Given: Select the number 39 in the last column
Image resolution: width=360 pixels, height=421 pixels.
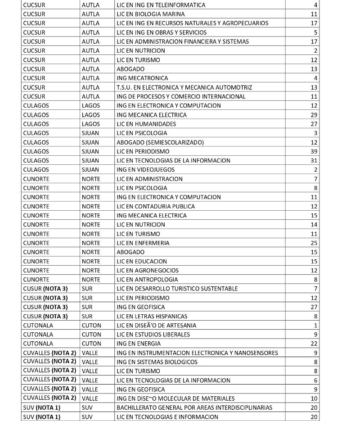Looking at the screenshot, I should [314, 151].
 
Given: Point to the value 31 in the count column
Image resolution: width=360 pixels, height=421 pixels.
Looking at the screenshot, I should [314, 160].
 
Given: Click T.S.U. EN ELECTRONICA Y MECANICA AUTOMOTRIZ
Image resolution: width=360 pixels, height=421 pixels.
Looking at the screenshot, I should [184, 87].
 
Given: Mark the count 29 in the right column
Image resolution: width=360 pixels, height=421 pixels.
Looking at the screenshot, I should [314, 115].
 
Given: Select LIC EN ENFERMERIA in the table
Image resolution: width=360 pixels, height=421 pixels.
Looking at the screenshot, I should [143, 243].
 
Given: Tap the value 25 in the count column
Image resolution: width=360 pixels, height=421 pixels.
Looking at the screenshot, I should [314, 243].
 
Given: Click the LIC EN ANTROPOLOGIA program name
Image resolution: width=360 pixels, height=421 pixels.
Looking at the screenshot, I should [147, 280].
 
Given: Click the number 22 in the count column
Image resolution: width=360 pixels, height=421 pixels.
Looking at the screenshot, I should [314, 344].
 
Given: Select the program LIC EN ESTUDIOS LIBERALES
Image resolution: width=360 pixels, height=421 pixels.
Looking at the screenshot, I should [153, 335].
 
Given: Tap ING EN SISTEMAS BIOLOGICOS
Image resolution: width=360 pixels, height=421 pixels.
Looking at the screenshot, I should [157, 362].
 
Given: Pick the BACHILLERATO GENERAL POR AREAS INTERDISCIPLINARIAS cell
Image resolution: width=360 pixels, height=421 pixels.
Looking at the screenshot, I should [194, 407].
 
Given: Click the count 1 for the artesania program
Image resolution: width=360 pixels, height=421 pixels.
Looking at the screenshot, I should [315, 325].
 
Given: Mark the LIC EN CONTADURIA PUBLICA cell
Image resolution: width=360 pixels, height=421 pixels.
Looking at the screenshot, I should [156, 206].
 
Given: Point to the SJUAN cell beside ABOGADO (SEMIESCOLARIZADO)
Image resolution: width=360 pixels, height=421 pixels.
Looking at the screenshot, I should [90, 142].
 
